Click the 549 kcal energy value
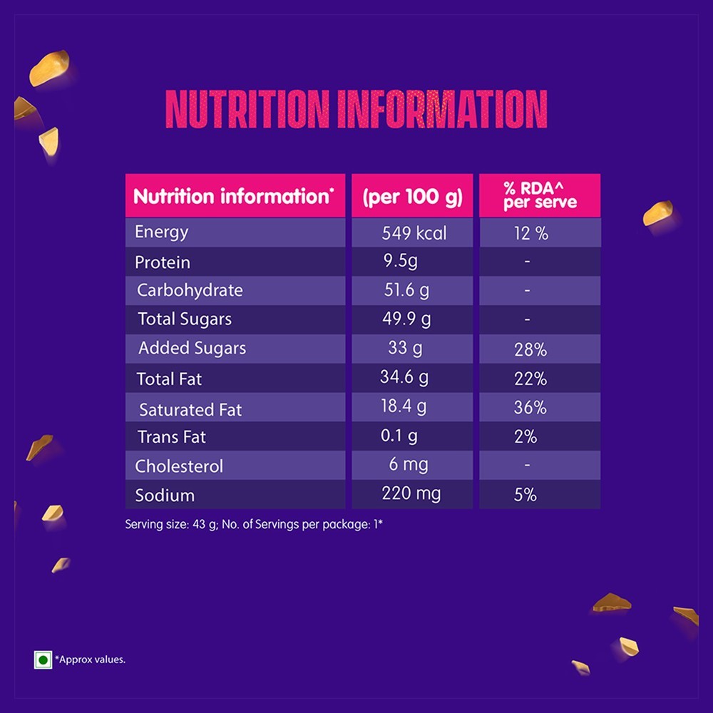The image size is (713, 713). click(x=414, y=233)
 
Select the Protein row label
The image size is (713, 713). click(x=163, y=262)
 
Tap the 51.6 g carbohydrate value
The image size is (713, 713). click(x=406, y=290)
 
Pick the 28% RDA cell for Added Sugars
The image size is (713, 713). click(x=530, y=349)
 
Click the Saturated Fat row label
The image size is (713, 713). click(x=190, y=410)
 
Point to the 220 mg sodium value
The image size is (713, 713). click(x=411, y=494)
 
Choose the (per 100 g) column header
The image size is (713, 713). click(x=412, y=197)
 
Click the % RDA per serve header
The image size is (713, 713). click(x=540, y=195)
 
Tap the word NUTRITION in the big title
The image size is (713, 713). click(x=247, y=109)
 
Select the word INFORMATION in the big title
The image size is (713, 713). click(x=443, y=109)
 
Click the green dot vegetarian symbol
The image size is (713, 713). click(x=43, y=660)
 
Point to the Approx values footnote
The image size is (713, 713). click(x=90, y=660)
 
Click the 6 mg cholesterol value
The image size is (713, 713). click(x=409, y=465)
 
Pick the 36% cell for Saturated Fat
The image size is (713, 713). click(x=530, y=407)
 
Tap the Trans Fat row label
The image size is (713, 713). click(x=172, y=437)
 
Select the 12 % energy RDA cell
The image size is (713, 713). click(x=531, y=234)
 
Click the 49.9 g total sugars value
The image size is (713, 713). click(x=406, y=319)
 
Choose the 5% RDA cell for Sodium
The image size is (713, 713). click(x=525, y=495)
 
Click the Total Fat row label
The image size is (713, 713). click(x=169, y=379)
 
